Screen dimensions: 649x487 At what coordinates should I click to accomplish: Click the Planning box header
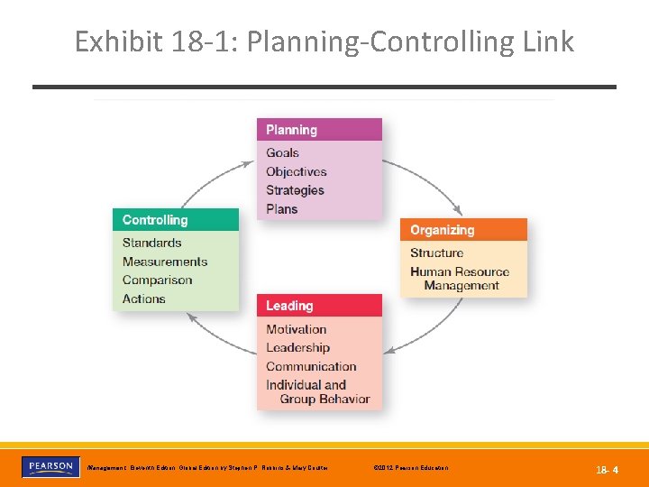coord(319,130)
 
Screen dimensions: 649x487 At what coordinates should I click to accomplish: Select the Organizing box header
coord(463,230)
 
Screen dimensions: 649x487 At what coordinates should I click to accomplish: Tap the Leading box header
coord(319,306)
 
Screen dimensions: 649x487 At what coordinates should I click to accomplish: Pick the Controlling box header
coord(176,220)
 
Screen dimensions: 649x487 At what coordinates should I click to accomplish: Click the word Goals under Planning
coord(282,152)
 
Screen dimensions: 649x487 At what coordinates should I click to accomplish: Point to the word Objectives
coord(296,171)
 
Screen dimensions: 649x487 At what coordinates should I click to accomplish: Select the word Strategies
coord(295,190)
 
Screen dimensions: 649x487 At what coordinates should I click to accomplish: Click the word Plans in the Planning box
coord(281,209)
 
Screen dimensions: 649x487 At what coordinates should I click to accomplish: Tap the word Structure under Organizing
coord(436,253)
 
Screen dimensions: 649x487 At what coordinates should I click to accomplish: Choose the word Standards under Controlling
coord(151,243)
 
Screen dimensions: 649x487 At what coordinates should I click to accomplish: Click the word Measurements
coord(165,262)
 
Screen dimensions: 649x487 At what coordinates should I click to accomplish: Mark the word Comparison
coord(157,280)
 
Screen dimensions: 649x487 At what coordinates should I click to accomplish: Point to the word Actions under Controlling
coord(143,299)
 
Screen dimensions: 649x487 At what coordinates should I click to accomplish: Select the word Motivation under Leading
coord(296,329)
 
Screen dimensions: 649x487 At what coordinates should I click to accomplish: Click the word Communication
coord(311,366)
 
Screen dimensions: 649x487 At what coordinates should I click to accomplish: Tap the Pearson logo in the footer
coord(50,467)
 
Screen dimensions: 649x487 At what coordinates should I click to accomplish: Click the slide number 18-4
coord(606,470)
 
